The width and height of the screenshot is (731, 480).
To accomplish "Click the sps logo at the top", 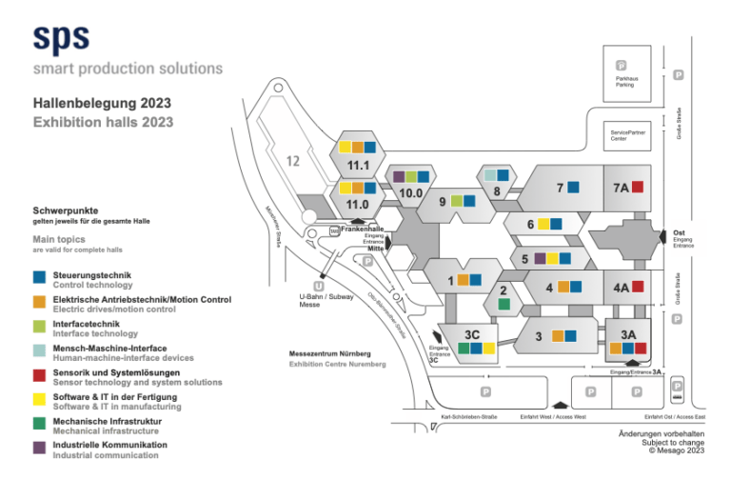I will click(61, 37).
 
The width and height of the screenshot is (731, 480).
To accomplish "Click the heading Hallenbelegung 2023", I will click(102, 104).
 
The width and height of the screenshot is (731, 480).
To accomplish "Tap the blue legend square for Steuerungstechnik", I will click(39, 278).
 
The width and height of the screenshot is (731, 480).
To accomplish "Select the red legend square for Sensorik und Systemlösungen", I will click(39, 374).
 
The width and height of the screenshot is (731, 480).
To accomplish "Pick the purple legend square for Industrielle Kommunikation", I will click(39, 447).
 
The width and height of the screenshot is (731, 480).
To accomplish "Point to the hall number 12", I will click(294, 160).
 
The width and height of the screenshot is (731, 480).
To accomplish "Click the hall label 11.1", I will click(358, 166).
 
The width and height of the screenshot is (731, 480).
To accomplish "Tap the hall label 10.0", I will click(411, 193).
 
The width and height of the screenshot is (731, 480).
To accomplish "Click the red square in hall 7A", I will click(639, 187).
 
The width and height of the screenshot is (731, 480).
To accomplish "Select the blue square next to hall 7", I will click(574, 188).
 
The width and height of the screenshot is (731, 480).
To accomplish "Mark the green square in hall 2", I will click(504, 304).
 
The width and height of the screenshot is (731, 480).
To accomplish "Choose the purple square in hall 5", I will click(540, 258).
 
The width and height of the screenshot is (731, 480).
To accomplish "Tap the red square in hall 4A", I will click(639, 286).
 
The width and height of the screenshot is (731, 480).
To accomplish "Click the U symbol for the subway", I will click(318, 286).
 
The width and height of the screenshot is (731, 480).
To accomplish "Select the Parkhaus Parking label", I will click(624, 81).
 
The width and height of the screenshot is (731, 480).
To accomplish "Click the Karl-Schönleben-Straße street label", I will click(470, 416).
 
